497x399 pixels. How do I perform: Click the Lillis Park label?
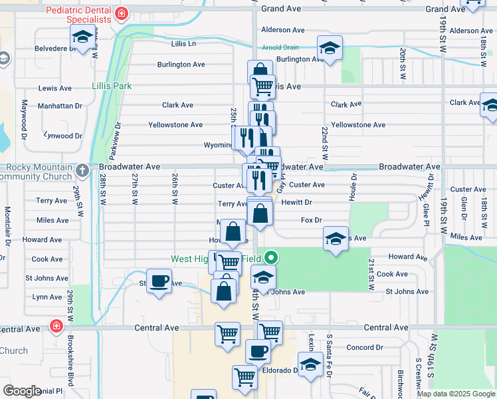pyautogui.click(x=112, y=86)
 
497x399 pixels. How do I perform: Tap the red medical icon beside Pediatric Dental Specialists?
pyautogui.click(x=121, y=13)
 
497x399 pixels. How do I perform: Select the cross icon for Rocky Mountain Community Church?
pyautogui.click(x=82, y=171)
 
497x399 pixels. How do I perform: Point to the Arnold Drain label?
pyautogui.click(x=280, y=47)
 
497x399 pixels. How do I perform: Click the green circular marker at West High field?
pyautogui.click(x=270, y=257)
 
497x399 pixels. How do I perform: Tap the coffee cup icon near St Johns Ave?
pyautogui.click(x=159, y=281)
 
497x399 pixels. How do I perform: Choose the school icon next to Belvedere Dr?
pyautogui.click(x=82, y=39)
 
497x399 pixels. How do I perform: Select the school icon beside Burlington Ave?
pyautogui.click(x=328, y=48)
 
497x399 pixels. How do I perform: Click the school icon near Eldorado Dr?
pyautogui.click(x=310, y=364)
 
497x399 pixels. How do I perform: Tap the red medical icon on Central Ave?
pyautogui.click(x=56, y=327)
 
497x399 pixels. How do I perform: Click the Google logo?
pyautogui.click(x=22, y=391)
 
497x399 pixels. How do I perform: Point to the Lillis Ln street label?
pyautogui.click(x=183, y=44)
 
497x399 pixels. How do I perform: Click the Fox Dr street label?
pyautogui.click(x=311, y=219)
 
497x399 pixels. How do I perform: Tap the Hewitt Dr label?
pyautogui.click(x=296, y=202)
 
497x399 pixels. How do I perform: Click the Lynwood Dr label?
pyautogui.click(x=62, y=136)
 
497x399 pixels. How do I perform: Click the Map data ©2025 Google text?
pyautogui.click(x=456, y=394)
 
